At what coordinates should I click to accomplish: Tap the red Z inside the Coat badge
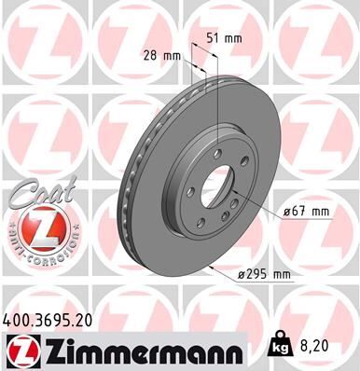click(36, 226)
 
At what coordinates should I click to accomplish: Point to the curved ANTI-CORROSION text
click(36, 250)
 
